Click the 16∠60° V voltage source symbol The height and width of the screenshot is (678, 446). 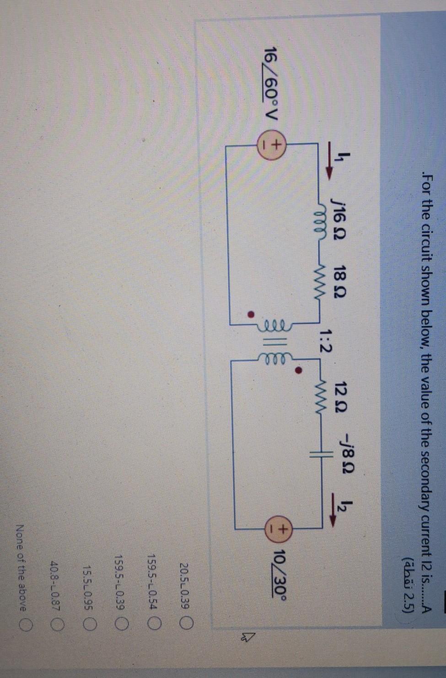(274, 150)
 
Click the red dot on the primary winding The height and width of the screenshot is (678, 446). (250, 315)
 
